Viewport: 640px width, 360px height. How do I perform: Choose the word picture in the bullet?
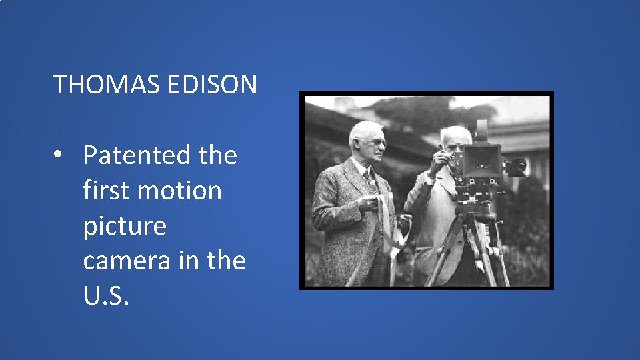125,225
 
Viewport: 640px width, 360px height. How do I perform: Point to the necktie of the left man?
368,179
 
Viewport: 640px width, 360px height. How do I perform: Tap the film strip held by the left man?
385,220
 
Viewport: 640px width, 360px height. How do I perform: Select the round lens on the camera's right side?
517,166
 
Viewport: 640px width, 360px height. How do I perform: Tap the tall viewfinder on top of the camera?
482,130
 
